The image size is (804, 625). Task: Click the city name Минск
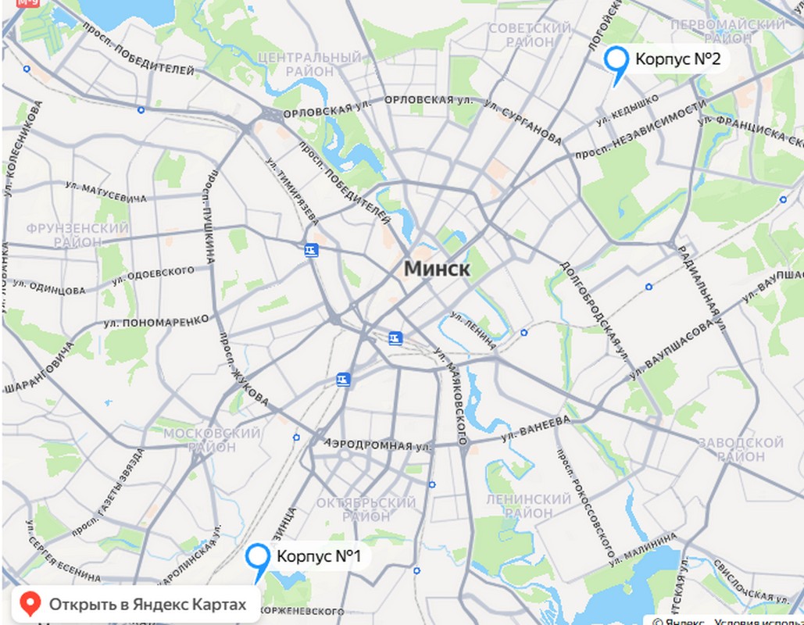tap(437, 270)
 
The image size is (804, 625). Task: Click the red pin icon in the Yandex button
tap(30, 604)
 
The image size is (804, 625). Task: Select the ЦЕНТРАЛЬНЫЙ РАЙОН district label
tap(309, 65)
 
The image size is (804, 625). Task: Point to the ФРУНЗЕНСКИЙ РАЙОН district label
tap(77, 235)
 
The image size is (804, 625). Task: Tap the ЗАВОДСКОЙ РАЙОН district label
tap(740, 449)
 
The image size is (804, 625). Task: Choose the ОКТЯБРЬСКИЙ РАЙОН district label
tap(366, 509)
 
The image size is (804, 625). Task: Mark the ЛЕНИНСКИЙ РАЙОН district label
tap(529, 505)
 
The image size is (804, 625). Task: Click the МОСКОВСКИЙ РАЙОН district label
tap(211, 440)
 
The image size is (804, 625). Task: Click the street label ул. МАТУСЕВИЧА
tap(105, 193)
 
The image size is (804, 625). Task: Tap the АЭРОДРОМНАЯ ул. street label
tap(378, 445)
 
